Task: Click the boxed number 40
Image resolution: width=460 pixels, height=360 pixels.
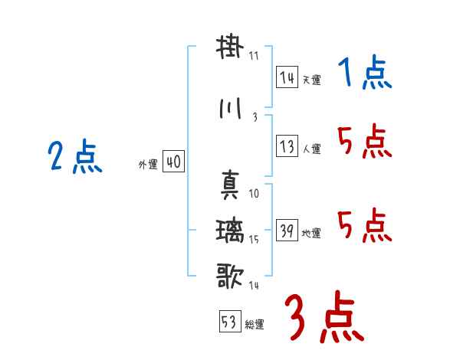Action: (173, 162)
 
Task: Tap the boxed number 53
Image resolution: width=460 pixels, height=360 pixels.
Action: (228, 322)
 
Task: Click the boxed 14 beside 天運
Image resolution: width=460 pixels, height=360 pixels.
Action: (286, 77)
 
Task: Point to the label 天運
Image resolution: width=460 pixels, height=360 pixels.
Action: (312, 80)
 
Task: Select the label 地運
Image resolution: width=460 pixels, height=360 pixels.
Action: (312, 234)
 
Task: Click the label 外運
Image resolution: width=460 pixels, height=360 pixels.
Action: (148, 164)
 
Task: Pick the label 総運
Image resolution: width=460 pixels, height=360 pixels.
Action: (255, 325)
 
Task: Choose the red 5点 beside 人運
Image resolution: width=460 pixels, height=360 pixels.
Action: (365, 142)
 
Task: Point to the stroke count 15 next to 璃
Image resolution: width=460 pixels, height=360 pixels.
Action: (254, 241)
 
